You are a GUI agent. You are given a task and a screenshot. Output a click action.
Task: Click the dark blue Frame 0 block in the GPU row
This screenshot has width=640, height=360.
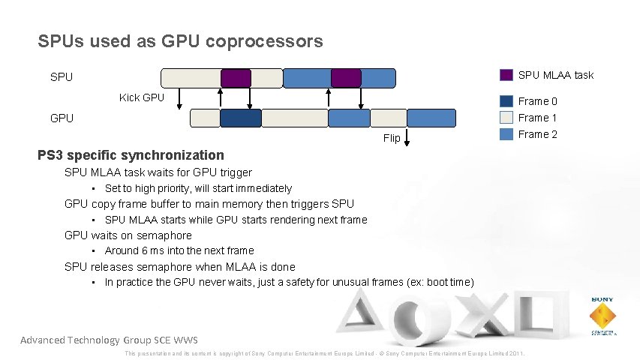240,118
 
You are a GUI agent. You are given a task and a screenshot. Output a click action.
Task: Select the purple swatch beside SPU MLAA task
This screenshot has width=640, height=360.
506,74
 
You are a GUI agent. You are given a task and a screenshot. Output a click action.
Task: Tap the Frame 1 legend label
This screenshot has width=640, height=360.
537,118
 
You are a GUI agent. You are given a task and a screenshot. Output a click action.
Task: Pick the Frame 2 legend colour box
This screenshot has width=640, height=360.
506,134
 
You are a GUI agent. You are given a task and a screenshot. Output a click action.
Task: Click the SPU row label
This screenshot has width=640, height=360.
62,77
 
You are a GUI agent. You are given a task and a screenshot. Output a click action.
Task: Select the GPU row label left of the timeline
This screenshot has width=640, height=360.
62,118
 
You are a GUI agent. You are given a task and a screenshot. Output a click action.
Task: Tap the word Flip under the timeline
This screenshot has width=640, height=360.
392,138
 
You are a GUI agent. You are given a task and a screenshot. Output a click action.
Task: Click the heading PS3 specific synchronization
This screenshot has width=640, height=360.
131,155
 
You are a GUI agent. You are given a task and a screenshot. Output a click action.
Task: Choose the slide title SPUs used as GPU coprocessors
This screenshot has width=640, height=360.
180,41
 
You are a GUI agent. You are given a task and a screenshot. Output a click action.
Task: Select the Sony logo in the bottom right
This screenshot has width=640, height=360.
602,315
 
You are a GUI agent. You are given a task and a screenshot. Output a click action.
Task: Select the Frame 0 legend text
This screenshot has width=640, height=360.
537,101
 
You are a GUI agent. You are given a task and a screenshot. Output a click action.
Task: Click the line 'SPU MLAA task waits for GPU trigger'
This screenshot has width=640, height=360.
158,172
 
